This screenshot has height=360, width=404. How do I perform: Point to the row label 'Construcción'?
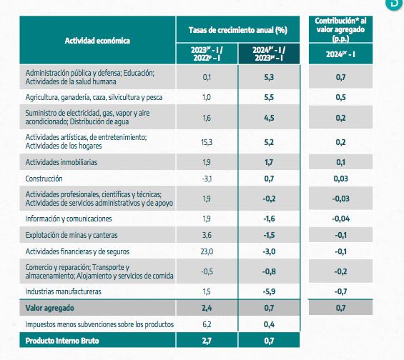coord(44,178)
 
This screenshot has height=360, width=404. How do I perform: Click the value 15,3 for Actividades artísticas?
coord(207,142)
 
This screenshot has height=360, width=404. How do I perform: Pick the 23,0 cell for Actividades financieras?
coord(207,251)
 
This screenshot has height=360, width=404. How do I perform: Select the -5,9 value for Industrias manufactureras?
coord(269,291)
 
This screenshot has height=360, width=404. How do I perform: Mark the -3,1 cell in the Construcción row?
coord(207,178)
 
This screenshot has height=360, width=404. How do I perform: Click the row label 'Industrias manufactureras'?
coord(64,291)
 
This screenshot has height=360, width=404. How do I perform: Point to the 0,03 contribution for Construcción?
coord(340,178)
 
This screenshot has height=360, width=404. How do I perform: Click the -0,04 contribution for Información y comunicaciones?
coord(340,218)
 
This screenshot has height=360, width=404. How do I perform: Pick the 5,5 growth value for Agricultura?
coord(269,96)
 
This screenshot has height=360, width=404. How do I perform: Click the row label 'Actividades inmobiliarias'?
coord(61,162)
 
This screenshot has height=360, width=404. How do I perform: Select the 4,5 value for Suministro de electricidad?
coord(269,118)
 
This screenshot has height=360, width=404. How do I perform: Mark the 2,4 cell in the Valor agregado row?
coord(207,308)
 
